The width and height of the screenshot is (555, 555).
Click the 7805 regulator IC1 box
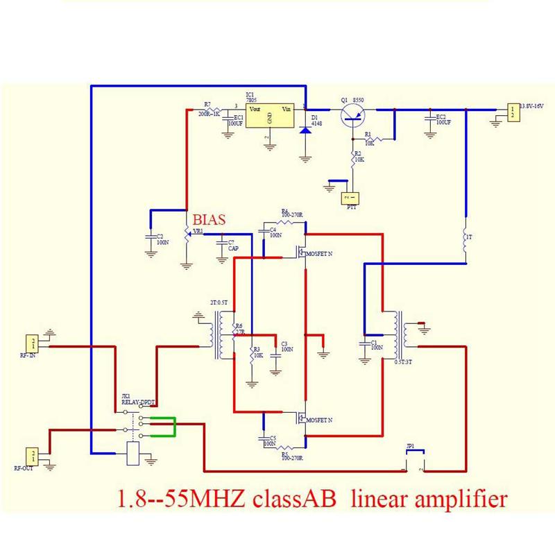(266, 115)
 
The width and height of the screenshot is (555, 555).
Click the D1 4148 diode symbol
(305, 128)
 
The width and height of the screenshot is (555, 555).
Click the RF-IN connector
(32, 343)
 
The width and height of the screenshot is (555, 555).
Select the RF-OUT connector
(32, 456)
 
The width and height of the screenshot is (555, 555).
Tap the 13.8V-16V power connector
(512, 112)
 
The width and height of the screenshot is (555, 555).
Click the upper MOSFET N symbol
(302, 252)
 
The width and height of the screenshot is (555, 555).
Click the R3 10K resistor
(251, 355)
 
